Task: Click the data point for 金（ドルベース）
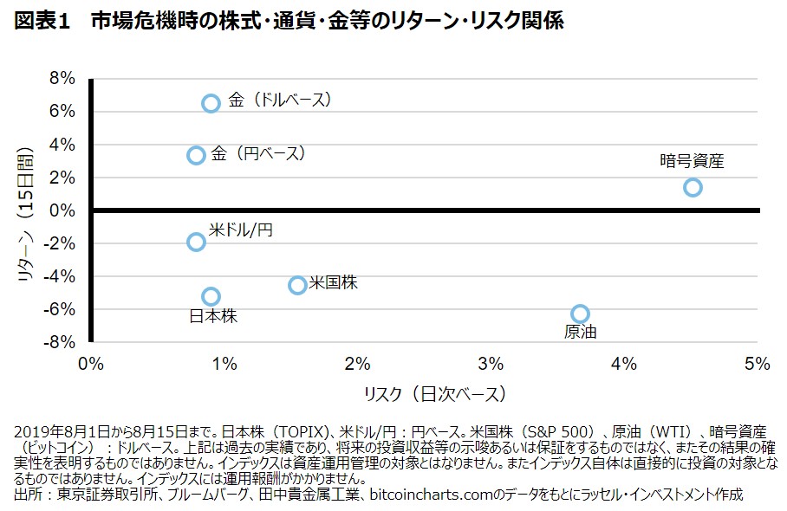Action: [211, 103]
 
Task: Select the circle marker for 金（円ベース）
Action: [196, 155]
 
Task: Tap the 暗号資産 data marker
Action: [692, 187]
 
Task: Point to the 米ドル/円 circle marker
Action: [196, 242]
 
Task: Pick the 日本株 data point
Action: [211, 296]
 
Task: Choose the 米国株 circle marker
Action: [297, 285]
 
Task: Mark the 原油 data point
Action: [580, 314]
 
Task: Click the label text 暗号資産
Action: [692, 160]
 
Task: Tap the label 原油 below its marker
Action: [580, 332]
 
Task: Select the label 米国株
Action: [333, 281]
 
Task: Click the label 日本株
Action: [213, 316]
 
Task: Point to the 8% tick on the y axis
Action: [63, 79]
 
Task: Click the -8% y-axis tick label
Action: [61, 342]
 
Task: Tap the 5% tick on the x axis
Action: [757, 363]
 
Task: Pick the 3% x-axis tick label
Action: [491, 363]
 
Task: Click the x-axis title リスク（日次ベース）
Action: [434, 394]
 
